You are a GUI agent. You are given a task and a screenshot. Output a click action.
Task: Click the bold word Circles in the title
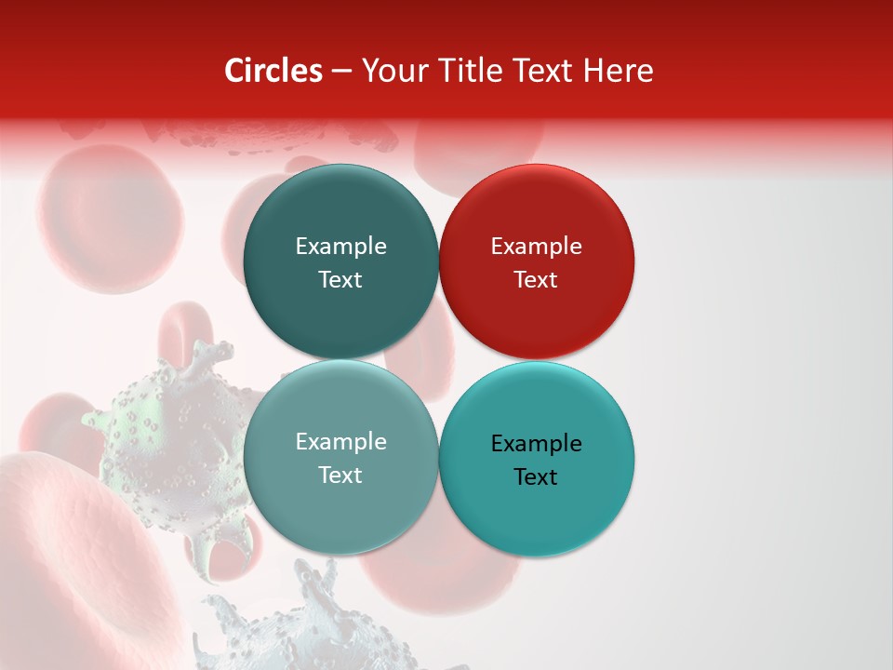(273, 71)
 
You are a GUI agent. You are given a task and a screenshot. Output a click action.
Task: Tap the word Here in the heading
(618, 71)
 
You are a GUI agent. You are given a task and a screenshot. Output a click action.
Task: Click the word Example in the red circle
(536, 247)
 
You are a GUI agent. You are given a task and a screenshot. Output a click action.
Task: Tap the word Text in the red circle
(536, 280)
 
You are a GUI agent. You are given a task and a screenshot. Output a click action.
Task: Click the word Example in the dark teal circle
(340, 247)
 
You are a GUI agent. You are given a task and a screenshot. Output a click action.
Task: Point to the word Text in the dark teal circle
(340, 280)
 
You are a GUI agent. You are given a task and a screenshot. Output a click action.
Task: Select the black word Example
(536, 444)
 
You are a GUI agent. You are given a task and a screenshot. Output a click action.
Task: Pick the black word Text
(536, 477)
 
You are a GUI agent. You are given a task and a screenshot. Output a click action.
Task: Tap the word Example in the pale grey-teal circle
(340, 442)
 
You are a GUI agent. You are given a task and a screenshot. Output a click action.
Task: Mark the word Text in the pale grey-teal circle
(340, 476)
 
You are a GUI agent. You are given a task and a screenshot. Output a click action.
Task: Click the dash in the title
(341, 72)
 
